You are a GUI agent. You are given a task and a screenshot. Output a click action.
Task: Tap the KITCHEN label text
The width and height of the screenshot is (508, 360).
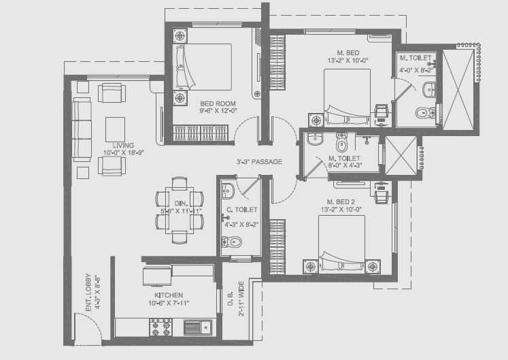point(169,295)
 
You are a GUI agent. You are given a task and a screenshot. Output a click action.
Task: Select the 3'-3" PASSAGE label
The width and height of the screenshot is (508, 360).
point(259,162)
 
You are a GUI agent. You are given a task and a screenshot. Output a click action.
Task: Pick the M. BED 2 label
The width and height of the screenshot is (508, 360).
point(341,201)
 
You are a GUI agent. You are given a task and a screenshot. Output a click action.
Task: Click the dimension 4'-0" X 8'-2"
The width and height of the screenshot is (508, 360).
point(416,69)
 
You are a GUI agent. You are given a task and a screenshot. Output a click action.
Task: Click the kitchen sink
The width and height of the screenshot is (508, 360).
point(199,328)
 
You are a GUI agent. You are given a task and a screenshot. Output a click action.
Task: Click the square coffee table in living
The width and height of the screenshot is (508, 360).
point(115,127)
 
